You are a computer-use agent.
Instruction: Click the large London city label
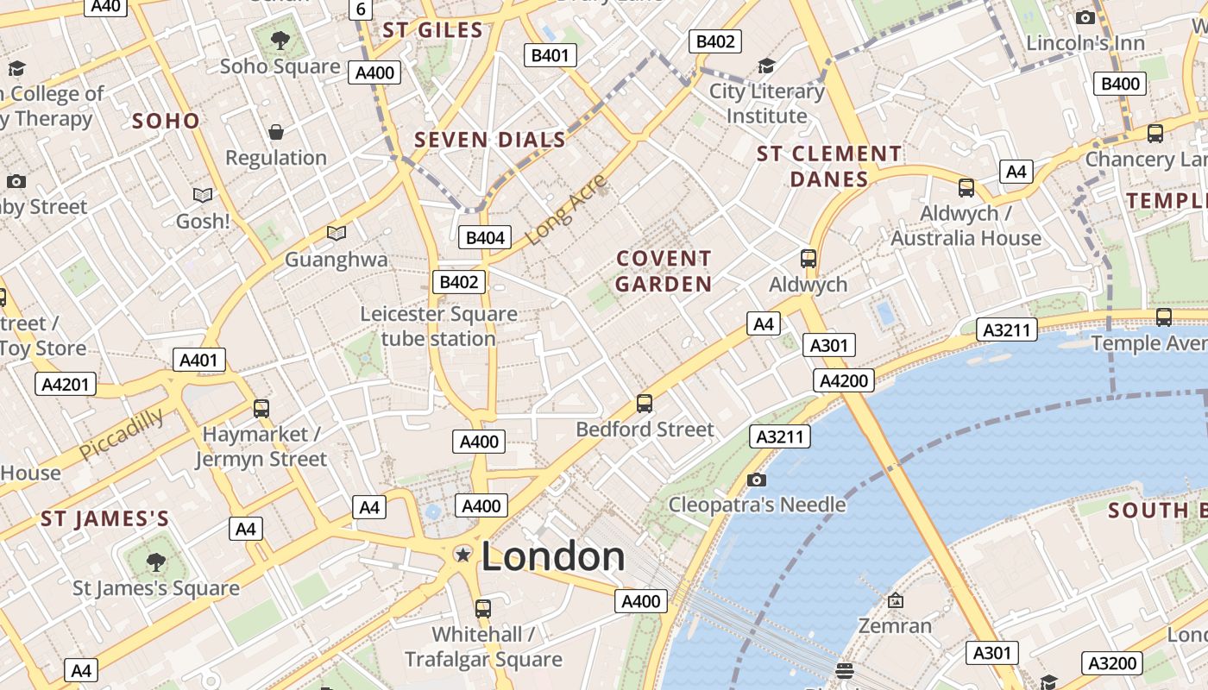click(x=552, y=556)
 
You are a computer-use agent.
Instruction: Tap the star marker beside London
click(x=463, y=554)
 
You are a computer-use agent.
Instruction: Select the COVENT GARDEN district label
click(x=664, y=271)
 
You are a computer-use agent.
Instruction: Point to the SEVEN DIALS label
click(x=490, y=140)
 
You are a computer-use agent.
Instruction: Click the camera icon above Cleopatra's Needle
click(x=757, y=480)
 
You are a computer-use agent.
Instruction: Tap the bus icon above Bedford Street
click(x=645, y=403)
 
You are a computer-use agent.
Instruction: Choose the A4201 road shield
click(x=66, y=384)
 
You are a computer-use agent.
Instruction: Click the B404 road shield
click(x=485, y=237)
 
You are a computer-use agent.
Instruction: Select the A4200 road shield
click(x=844, y=380)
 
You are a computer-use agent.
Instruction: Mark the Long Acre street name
click(x=566, y=210)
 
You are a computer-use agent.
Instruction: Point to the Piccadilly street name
click(x=122, y=434)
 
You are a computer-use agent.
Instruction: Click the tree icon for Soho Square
click(x=280, y=39)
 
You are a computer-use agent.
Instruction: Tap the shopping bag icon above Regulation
click(x=276, y=132)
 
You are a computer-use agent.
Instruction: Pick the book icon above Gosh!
click(x=203, y=196)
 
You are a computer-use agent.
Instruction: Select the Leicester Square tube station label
click(x=438, y=326)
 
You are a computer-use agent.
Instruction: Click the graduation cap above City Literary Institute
click(x=766, y=66)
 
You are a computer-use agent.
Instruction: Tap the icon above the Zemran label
click(x=896, y=600)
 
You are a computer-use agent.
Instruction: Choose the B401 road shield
click(x=551, y=56)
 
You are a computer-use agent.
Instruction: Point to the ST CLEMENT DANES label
click(x=829, y=166)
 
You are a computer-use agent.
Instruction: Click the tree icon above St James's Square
click(x=156, y=562)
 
